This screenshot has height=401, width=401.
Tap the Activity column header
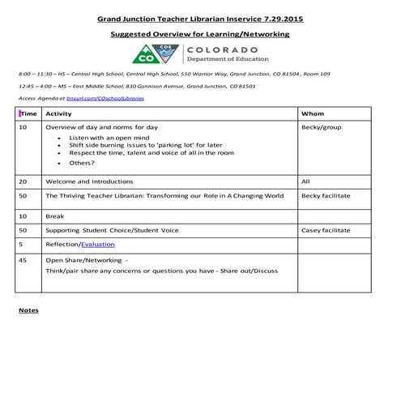point(59,114)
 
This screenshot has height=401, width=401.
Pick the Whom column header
point(312,114)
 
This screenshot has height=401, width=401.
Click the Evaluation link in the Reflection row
point(98,244)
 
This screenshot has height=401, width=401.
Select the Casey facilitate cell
point(326,230)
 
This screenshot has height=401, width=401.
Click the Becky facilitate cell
point(326,196)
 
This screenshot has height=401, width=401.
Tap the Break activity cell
point(54,216)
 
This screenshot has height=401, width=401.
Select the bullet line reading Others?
point(83,163)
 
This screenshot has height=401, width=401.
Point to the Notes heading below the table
point(28,310)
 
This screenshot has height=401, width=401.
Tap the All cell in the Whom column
point(305,181)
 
